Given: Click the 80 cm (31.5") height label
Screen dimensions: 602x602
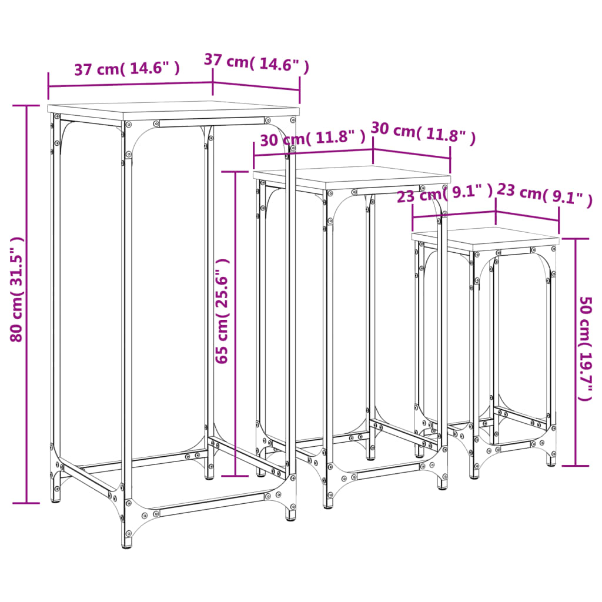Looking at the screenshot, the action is click(x=17, y=289).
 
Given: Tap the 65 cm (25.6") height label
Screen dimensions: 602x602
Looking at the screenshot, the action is click(x=222, y=311).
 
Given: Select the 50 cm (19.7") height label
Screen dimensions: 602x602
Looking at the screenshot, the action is click(x=586, y=349).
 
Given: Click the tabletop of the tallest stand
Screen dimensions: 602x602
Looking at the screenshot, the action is click(x=173, y=111).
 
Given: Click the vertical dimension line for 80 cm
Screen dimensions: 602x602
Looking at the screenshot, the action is click(x=26, y=305).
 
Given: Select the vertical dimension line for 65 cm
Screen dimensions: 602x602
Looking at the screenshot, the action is click(x=235, y=324).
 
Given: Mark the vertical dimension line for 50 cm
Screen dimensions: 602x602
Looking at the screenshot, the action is click(x=575, y=353).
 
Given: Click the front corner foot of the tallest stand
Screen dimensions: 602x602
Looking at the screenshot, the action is click(x=128, y=541).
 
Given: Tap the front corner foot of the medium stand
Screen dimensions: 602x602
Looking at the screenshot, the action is click(x=328, y=503).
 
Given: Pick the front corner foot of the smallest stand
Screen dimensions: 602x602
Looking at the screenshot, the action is click(x=474, y=473).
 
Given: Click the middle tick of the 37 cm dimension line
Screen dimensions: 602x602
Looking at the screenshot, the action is click(x=213, y=83).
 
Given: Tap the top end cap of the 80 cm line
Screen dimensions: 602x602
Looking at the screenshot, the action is click(x=26, y=106).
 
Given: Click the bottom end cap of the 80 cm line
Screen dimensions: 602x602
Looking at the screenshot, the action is click(x=26, y=503).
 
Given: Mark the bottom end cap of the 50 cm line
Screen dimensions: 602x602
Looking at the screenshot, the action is click(x=575, y=466).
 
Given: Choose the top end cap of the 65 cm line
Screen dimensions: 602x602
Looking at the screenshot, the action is click(x=235, y=172).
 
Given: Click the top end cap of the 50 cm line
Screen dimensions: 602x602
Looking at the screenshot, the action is click(x=575, y=239).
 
